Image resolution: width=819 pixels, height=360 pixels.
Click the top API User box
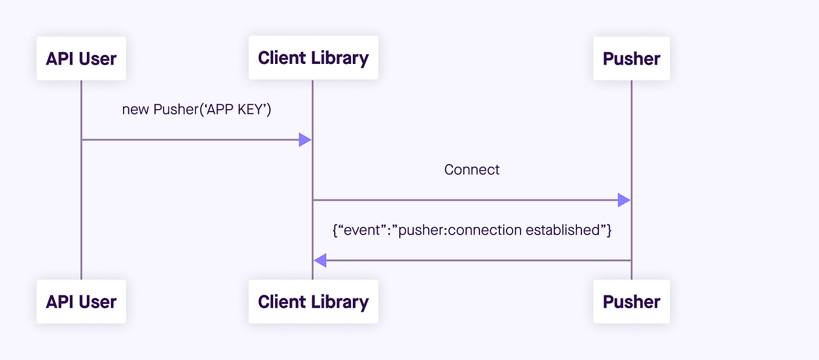pos(81,58)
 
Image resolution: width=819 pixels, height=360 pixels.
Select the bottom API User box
pos(81,302)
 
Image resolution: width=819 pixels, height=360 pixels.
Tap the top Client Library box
pos(313,58)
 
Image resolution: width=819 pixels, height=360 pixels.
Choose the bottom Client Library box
pos(313,302)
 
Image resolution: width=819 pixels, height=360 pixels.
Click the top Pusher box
pos(631,58)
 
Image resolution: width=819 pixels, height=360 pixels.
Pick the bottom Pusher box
pos(631,302)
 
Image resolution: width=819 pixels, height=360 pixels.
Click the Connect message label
pos(472,170)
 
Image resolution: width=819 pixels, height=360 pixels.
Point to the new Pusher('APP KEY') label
pos(197,110)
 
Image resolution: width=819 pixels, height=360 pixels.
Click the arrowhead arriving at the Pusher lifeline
pos(624,200)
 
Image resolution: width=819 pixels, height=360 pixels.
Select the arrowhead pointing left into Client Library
pos(320,261)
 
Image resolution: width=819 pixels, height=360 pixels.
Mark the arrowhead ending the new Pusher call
pos(305,140)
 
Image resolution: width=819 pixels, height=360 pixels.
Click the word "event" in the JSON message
pos(360,230)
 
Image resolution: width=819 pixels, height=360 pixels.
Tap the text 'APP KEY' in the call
pos(235,110)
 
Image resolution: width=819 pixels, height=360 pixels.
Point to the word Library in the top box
pos(341,58)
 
